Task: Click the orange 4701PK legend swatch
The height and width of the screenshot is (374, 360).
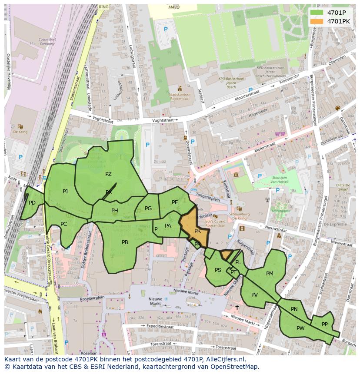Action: [x=317, y=21]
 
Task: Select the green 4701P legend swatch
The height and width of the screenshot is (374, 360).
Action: [x=317, y=13]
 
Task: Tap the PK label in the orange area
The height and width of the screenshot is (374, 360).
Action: [x=197, y=231]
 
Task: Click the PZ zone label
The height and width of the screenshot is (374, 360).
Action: [x=108, y=174]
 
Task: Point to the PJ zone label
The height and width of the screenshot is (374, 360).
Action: [x=65, y=191]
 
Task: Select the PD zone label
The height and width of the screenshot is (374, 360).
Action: [x=32, y=203]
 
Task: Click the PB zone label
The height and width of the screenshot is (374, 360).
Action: [x=125, y=242]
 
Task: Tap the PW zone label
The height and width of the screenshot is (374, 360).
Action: [x=300, y=328]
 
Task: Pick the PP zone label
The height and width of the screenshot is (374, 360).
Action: [x=324, y=324]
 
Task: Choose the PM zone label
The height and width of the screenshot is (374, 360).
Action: [x=270, y=274]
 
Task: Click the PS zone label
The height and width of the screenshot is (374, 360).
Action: [x=218, y=270]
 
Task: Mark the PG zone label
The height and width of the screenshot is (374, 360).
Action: [x=148, y=209]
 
